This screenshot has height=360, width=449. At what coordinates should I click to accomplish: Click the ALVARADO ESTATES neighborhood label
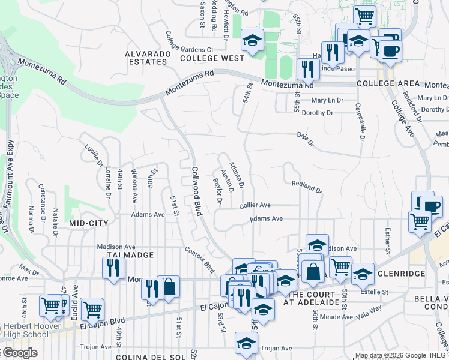pos(146,58)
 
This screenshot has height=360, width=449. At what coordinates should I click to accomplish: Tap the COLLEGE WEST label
pos(212,58)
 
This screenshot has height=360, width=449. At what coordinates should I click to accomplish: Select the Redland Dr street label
pos(307,186)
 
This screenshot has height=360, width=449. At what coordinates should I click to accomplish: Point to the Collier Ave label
pos(255,205)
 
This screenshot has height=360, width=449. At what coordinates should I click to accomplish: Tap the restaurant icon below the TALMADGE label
pos(113,269)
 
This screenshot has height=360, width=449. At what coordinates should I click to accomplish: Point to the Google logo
pos(19,353)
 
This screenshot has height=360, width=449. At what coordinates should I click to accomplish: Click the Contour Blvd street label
pos(199,258)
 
